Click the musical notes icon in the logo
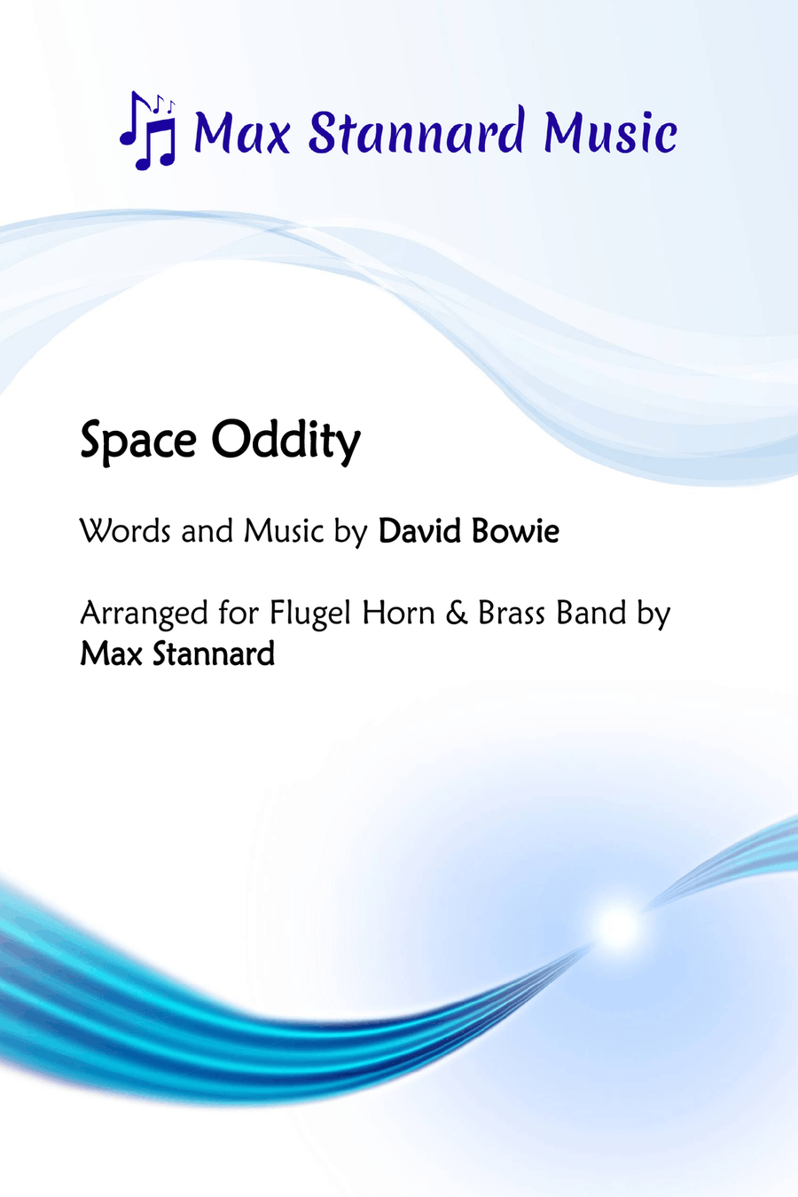tap(148, 130)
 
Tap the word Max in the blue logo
tap(242, 132)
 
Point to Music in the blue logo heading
tap(610, 131)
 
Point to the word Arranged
tap(144, 614)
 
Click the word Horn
tap(398, 613)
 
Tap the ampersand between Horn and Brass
tap(456, 613)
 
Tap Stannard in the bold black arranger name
tap(214, 653)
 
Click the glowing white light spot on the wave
tap(618, 927)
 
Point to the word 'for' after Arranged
tap(239, 613)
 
